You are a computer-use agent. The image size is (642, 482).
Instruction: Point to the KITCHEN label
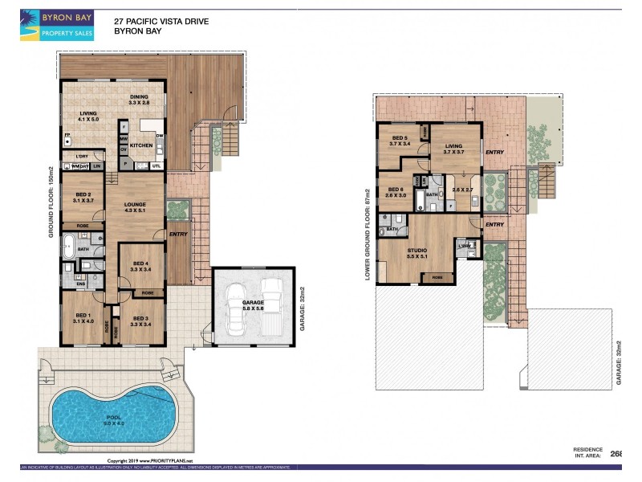141,145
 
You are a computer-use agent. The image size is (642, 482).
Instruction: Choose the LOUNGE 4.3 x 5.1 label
135,209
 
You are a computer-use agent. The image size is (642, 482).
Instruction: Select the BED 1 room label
83,318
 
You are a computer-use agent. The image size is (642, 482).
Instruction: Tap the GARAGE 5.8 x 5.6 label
252,305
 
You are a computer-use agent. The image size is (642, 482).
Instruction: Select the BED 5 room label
400,141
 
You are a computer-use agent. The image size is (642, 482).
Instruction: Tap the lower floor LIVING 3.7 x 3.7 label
454,149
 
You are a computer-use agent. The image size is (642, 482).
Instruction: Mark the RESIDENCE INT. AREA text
587,452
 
